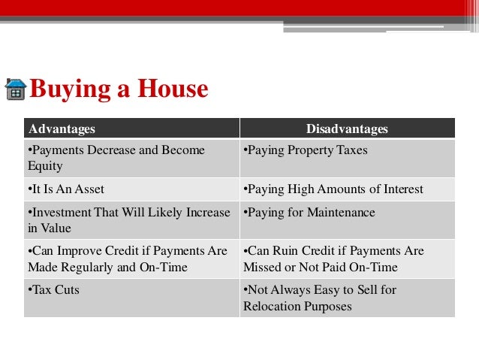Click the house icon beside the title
point(15,89)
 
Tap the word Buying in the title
point(66,89)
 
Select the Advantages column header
point(61,129)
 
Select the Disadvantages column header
point(347,129)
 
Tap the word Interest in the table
point(402,189)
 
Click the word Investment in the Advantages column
point(59,213)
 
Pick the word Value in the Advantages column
point(55,228)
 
